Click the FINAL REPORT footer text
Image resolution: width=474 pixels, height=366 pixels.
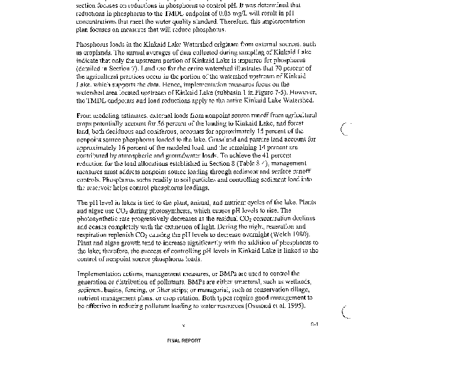pyautogui.click(x=184, y=341)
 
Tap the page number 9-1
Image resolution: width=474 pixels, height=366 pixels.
pyautogui.click(x=314, y=324)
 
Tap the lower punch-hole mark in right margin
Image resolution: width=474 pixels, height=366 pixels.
pyautogui.click(x=347, y=312)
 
